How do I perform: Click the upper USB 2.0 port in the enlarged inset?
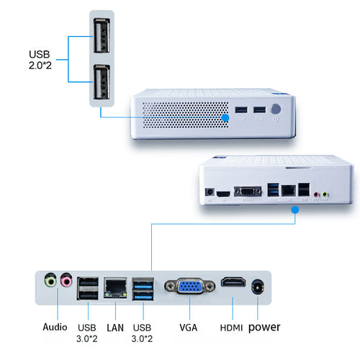102,35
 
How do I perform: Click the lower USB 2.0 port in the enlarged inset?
102,82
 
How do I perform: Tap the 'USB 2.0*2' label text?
40,60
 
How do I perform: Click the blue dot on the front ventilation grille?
225,117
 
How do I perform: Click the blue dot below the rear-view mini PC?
295,210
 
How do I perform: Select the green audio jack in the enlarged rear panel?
50,279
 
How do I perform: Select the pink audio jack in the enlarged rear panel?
66,279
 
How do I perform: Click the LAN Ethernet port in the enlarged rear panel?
115,288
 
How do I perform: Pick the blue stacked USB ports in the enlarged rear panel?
143,289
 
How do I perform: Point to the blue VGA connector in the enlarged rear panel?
189,286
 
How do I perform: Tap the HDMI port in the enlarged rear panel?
233,282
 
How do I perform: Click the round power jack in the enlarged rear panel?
258,287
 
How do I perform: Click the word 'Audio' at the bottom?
55,327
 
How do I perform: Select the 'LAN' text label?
115,328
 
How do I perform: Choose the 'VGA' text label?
189,328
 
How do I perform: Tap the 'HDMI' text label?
231,328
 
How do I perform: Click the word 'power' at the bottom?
264,328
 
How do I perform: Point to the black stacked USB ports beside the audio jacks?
88,289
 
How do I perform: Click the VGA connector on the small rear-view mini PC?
248,192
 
